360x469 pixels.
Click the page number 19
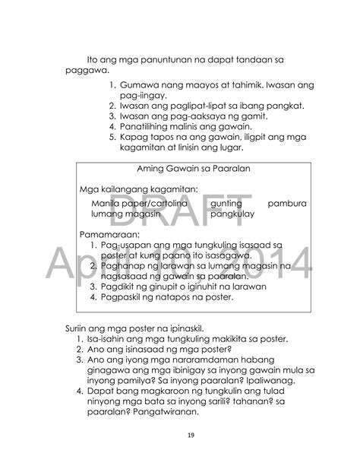point(180,435)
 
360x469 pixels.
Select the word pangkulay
point(233,215)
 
